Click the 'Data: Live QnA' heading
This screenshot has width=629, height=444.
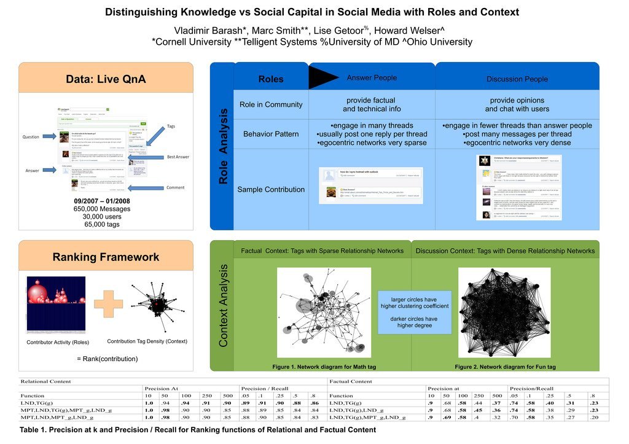106,79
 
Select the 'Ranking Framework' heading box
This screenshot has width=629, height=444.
106,257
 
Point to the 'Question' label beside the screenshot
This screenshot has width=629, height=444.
31,136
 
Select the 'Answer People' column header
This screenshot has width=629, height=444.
372,78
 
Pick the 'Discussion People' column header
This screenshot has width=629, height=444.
517,79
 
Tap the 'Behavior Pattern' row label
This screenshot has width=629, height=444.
271,134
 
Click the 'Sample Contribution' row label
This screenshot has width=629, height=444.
271,189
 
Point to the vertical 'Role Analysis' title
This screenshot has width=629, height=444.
223,146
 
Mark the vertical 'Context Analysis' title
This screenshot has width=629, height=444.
224,305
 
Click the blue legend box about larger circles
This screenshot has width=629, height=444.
414,312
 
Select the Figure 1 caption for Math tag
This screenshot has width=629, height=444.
323,367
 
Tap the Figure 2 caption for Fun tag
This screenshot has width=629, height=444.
505,367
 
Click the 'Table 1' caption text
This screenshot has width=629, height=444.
197,430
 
